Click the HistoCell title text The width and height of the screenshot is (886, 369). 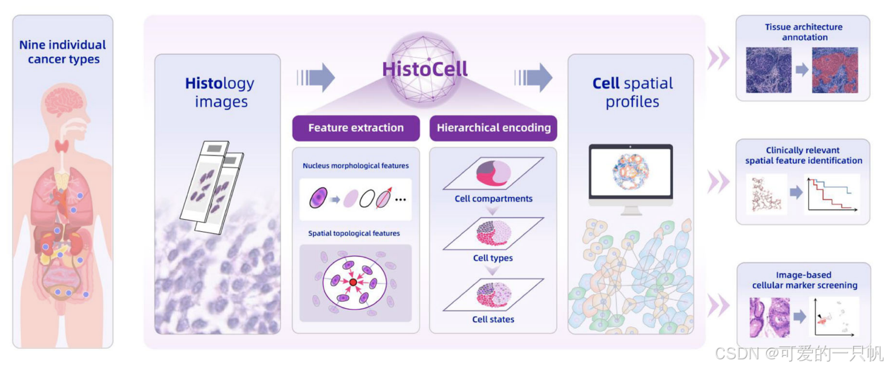coord(425,69)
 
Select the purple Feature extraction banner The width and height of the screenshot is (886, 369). coord(356,128)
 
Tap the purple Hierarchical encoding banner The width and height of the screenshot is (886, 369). coord(493,128)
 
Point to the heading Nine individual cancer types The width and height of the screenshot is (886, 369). coord(63,52)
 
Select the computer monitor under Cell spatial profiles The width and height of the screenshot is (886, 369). coord(631,178)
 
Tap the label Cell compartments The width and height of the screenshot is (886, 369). coord(493,198)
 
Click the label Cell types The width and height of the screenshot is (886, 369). coord(493,258)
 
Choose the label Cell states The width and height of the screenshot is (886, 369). coord(493,319)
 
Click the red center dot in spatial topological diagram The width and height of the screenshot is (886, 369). coord(353,282)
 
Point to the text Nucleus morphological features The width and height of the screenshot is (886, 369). coord(355,166)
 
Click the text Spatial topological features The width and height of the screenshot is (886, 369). coord(354,233)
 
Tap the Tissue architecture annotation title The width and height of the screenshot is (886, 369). coord(803,32)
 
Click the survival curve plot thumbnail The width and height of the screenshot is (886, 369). coord(832,194)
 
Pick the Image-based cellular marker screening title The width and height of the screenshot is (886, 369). coord(804,280)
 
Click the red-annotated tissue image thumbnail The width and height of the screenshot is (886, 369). coord(835,70)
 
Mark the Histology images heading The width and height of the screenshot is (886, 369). coord(220,92)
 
